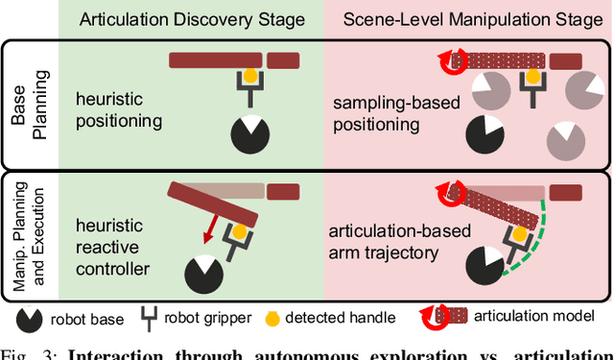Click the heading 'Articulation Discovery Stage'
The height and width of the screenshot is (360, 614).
click(192, 18)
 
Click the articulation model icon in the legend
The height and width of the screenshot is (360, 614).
click(449, 317)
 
